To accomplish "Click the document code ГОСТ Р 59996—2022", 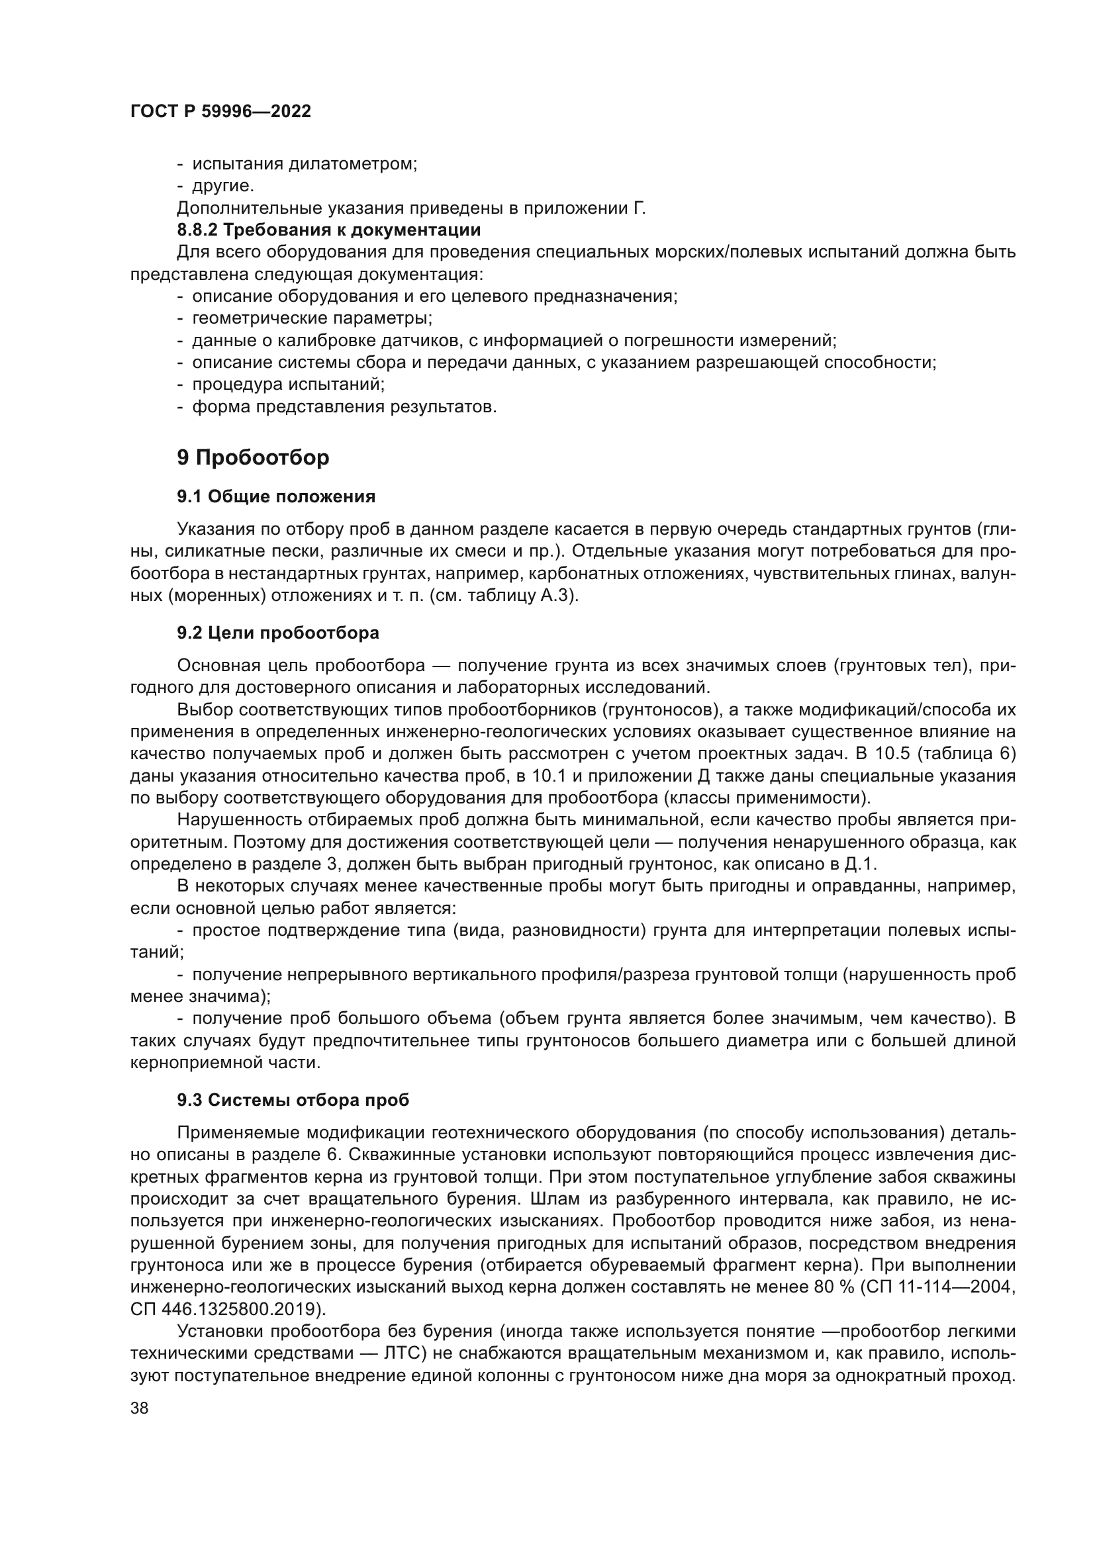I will (x=220, y=112).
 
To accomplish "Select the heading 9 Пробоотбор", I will (x=253, y=458).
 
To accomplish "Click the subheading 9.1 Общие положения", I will (x=276, y=497).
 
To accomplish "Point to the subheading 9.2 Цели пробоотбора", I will (x=278, y=633).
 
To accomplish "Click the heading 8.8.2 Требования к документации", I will (x=328, y=230).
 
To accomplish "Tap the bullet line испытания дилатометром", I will (x=304, y=164).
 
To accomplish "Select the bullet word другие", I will (x=222, y=185).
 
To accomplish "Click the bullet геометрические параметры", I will (x=312, y=318).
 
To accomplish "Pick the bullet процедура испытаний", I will (x=288, y=385).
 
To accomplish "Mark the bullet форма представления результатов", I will (x=344, y=407).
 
